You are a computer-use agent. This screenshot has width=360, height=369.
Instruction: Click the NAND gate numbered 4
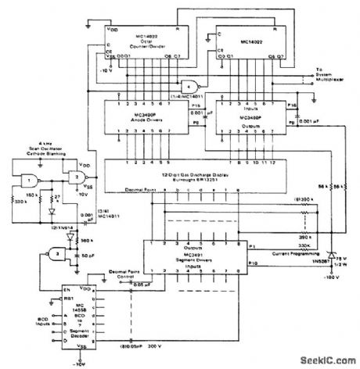[188, 86]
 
